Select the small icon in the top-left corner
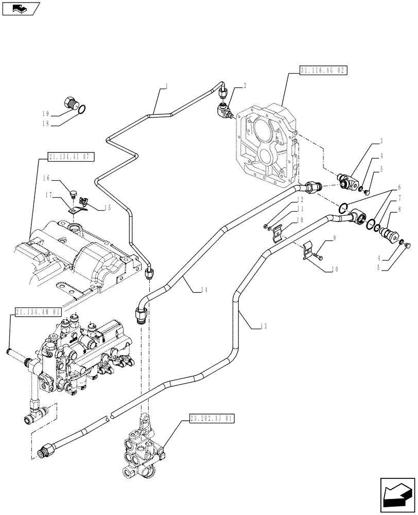(20, 8)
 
